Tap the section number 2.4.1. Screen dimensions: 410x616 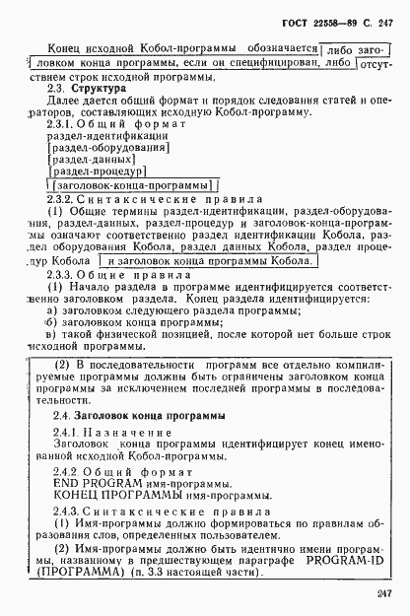point(63,432)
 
